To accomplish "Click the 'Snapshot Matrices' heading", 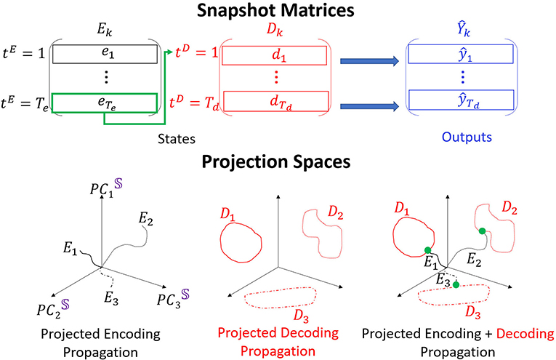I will (278, 12).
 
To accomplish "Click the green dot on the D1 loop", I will (428, 251).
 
